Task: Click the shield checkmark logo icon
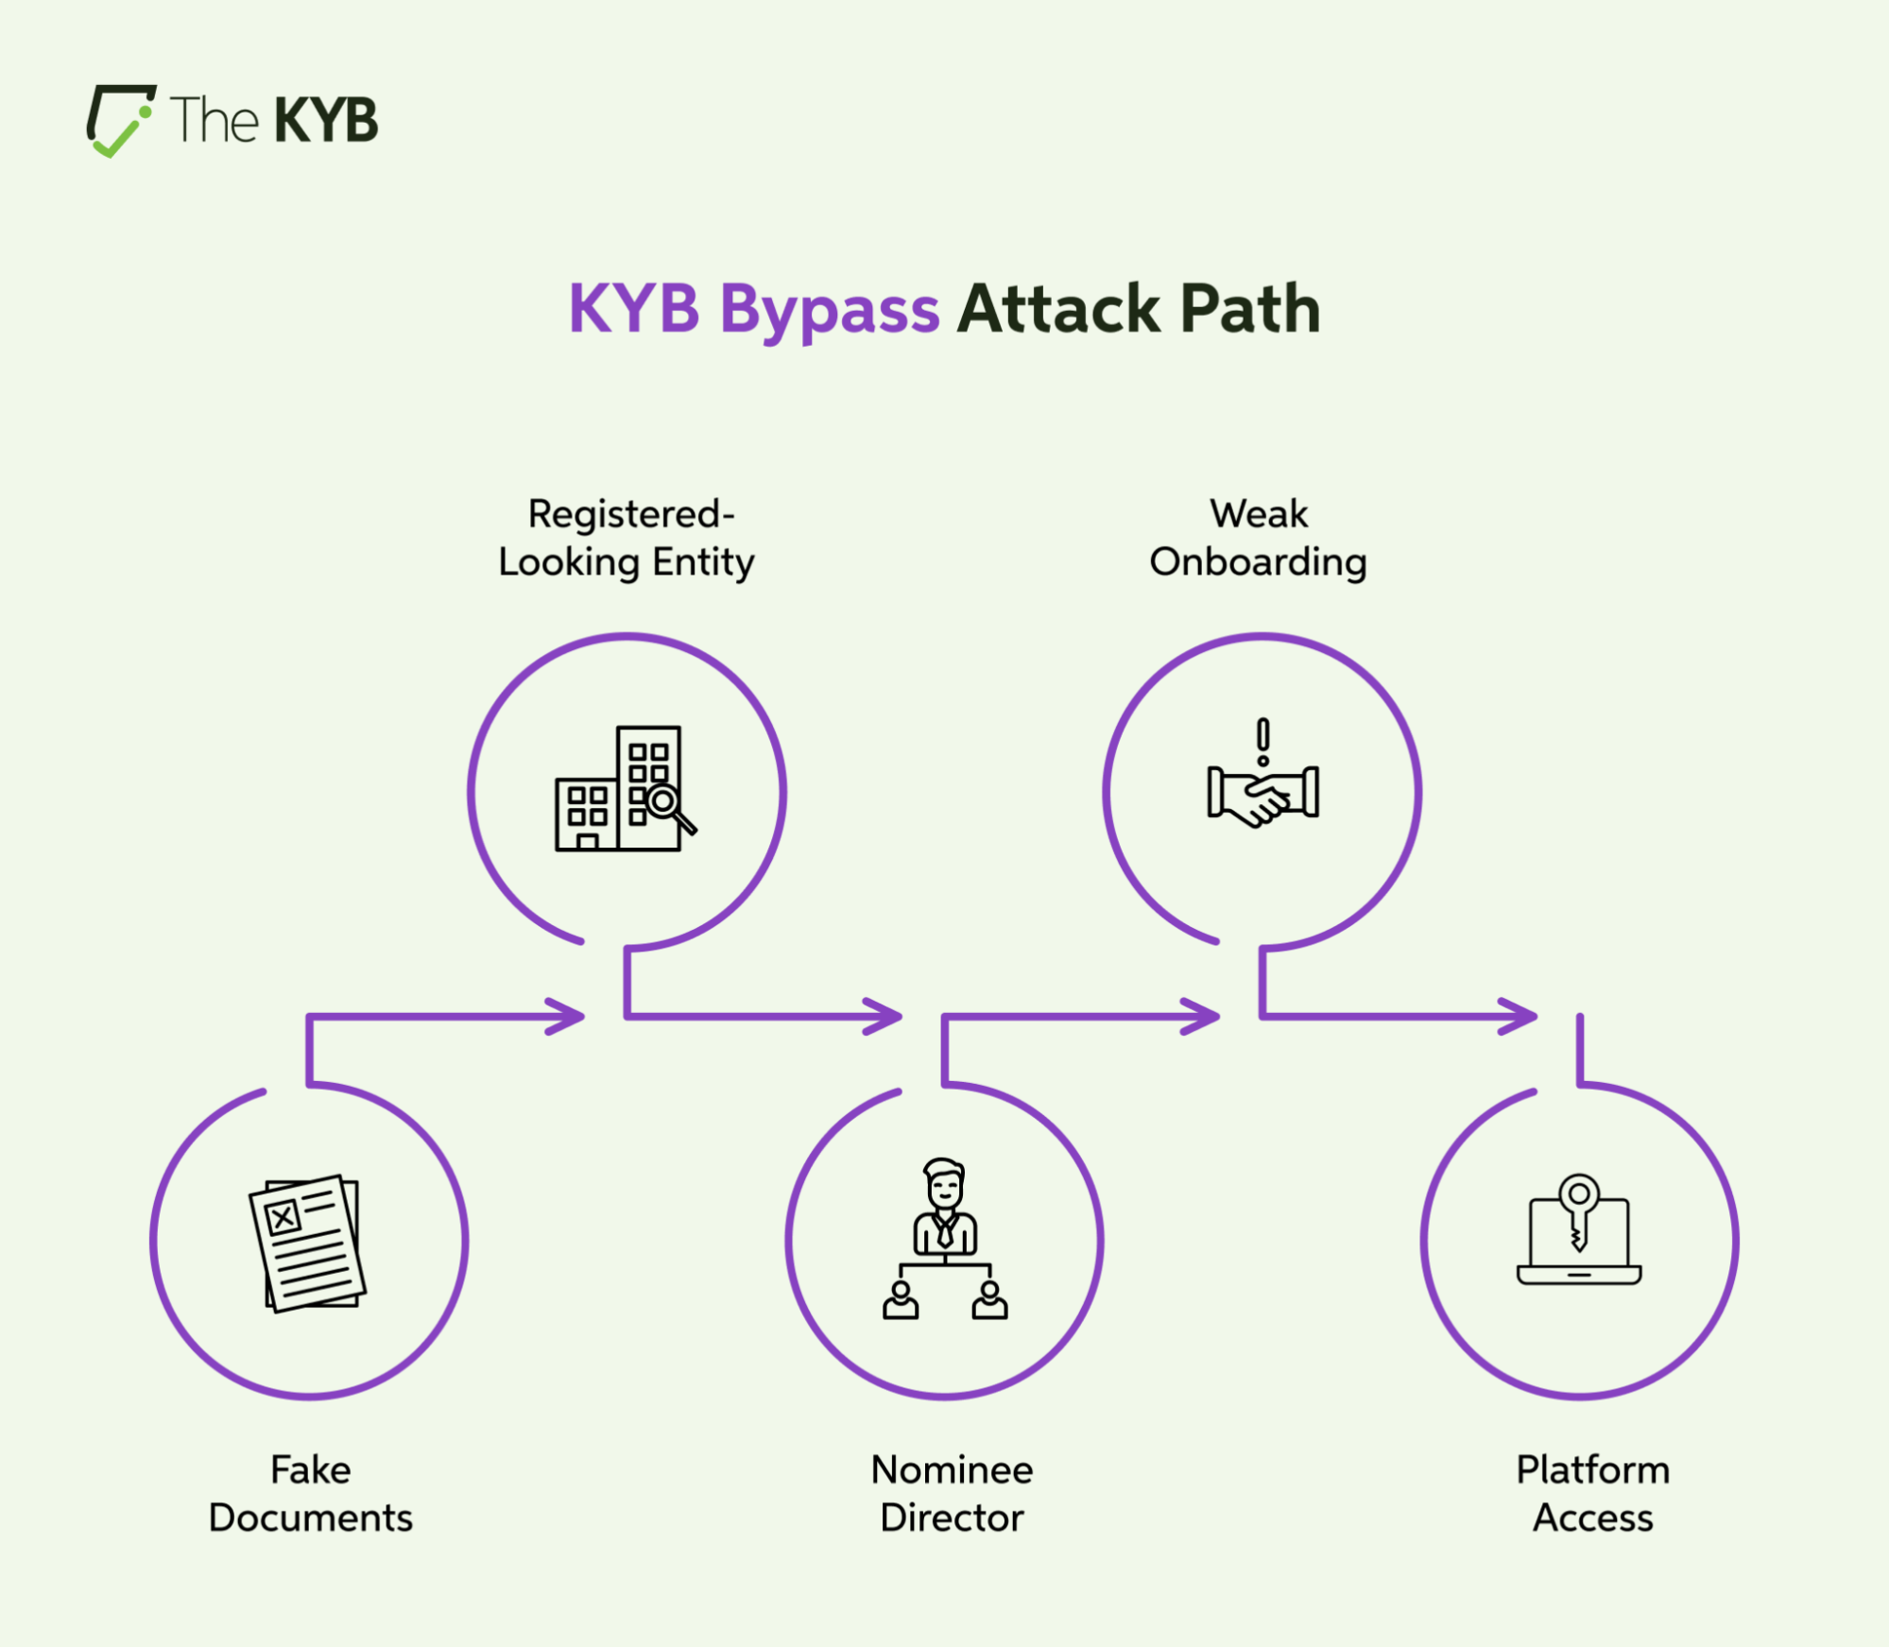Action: click(120, 120)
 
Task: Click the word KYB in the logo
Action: click(326, 120)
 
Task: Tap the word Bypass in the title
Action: click(830, 310)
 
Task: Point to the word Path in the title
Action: click(1249, 309)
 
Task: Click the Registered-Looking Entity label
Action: click(627, 538)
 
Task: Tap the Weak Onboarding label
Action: click(1258, 538)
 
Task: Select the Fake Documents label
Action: click(311, 1493)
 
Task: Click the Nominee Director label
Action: click(952, 1493)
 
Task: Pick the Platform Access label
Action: click(1593, 1493)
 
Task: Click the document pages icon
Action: click(307, 1243)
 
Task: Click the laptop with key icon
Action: click(1579, 1229)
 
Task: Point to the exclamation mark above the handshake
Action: click(1262, 742)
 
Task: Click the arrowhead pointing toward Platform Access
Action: click(1519, 1017)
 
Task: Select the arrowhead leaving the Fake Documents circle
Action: click(566, 1017)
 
